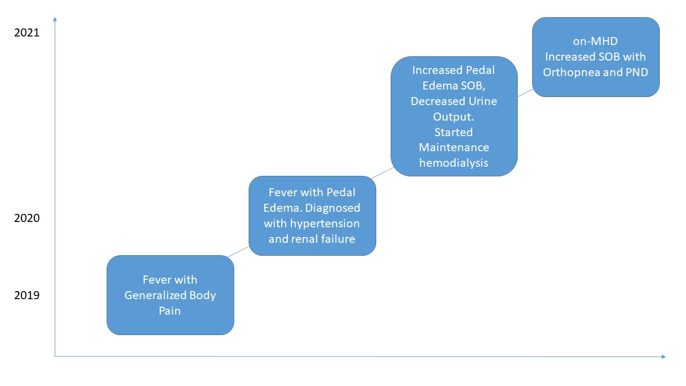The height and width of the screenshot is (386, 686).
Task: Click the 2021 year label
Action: tap(27, 33)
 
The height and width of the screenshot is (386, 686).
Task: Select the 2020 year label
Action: tap(27, 218)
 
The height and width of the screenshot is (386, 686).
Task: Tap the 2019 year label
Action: tap(27, 295)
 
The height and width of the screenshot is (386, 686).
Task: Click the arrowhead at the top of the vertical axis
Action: tap(55, 19)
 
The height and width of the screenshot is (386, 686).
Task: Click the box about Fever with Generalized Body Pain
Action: tap(170, 295)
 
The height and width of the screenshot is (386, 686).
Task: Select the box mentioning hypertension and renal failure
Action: tap(312, 216)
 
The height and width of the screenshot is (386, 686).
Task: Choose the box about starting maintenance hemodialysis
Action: tap(454, 116)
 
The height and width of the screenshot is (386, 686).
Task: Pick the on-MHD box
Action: tap(595, 57)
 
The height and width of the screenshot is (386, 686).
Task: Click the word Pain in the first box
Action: tap(169, 310)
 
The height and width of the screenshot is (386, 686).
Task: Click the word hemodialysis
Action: tap(454, 162)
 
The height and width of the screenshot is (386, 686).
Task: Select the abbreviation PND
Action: tap(637, 72)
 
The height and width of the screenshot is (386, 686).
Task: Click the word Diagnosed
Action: tap(334, 207)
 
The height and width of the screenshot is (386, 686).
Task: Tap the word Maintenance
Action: tap(454, 147)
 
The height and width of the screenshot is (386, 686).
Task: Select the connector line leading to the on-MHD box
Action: tap(525, 93)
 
